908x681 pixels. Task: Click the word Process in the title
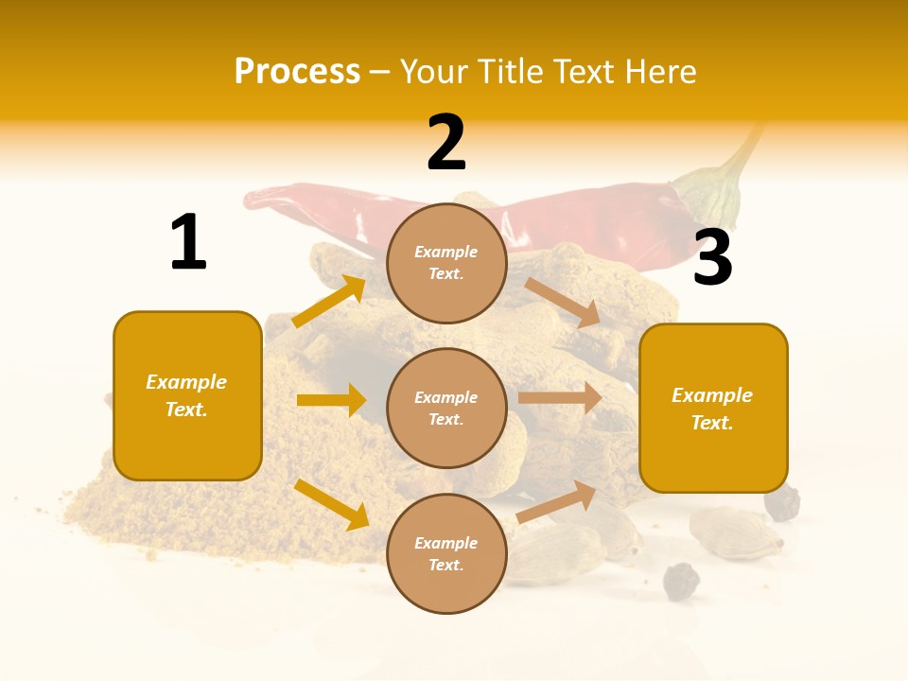pyautogui.click(x=297, y=72)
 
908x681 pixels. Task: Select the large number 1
pyautogui.click(x=188, y=242)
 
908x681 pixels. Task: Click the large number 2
pyautogui.click(x=446, y=143)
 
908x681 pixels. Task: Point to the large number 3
pyautogui.click(x=712, y=257)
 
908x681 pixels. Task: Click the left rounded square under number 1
pyautogui.click(x=187, y=395)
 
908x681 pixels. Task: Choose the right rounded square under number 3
pyautogui.click(x=713, y=409)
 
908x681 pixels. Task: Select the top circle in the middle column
pyautogui.click(x=446, y=263)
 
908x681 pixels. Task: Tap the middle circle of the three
pyautogui.click(x=446, y=408)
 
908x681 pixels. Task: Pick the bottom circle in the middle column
pyautogui.click(x=446, y=553)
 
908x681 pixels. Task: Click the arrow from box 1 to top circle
pyautogui.click(x=329, y=302)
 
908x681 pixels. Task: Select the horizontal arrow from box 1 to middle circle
pyautogui.click(x=331, y=400)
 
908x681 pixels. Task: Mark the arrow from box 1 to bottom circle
pyautogui.click(x=331, y=503)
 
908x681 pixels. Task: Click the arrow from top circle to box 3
pyautogui.click(x=563, y=302)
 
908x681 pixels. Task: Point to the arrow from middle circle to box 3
pyautogui.click(x=560, y=398)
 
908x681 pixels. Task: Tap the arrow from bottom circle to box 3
pyautogui.click(x=557, y=501)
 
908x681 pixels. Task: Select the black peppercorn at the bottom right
pyautogui.click(x=680, y=580)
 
